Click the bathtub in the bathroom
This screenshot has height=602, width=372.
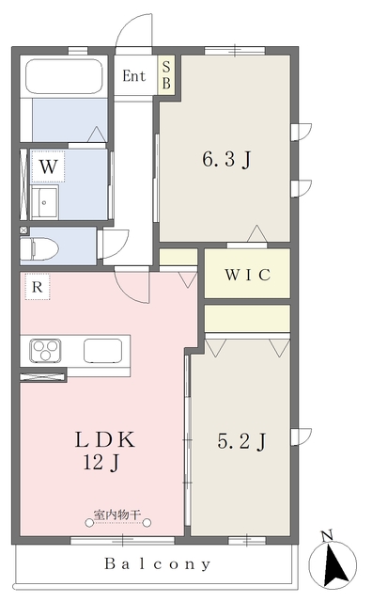pos(64,75)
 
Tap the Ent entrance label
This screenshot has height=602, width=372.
pos(133,76)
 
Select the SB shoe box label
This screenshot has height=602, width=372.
pos(166,75)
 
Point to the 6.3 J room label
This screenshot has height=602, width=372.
pos(226,159)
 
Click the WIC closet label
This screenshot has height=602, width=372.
pos(247,275)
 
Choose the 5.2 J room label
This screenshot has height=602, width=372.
pos(241,441)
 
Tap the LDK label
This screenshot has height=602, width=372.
pos(104,439)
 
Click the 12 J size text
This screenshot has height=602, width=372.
pos(102,462)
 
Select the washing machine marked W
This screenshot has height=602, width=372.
pos(48,166)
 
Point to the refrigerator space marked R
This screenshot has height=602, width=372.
pos(38,286)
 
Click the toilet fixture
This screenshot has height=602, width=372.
pos(39,248)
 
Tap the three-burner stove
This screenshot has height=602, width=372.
pos(46,351)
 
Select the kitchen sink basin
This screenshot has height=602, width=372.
pos(102,351)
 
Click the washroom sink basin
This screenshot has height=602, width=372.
pos(44,203)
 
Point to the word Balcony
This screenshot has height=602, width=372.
pos(158,564)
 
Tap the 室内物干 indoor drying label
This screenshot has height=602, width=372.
pos(117,515)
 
